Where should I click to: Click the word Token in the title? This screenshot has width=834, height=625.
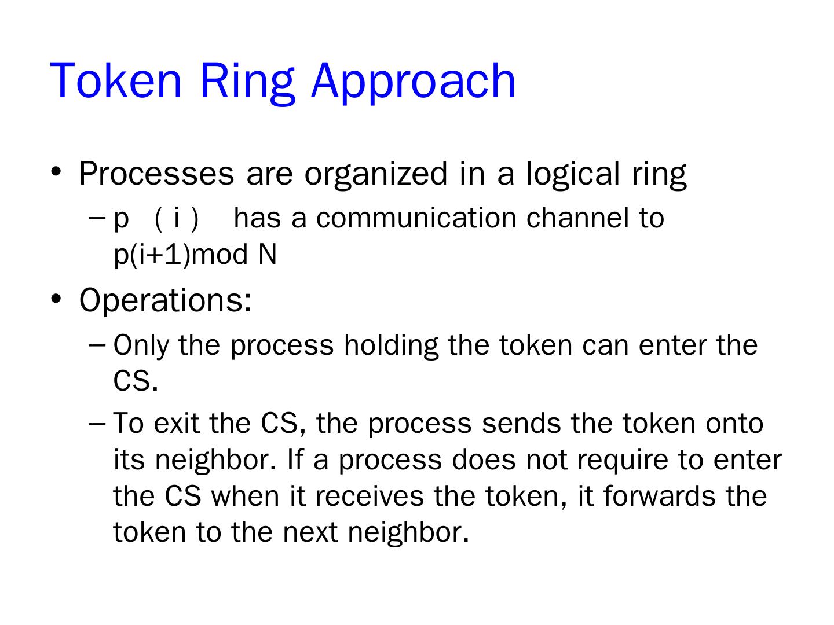116,80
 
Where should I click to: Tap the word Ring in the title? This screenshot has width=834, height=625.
246,80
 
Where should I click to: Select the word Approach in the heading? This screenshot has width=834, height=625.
413,80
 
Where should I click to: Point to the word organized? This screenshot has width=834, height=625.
376,173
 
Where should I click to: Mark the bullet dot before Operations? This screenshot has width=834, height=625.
56,299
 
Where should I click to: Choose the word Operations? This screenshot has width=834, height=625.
166,300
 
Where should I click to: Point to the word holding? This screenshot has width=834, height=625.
391,345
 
